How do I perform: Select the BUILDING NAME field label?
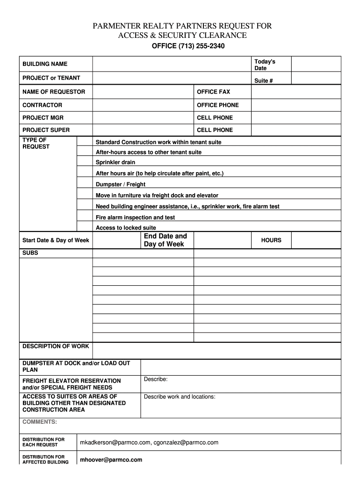pyautogui.click(x=45, y=64)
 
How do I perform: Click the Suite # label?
pyautogui.click(x=263, y=81)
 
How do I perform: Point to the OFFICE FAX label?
pyautogui.click(x=213, y=92)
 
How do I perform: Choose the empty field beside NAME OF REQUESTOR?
pyautogui.click(x=143, y=92)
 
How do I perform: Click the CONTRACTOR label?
pyautogui.click(x=42, y=105)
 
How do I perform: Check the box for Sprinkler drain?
pyautogui.click(x=85, y=162)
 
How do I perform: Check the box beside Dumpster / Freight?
pyautogui.click(x=85, y=184)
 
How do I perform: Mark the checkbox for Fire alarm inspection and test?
pyautogui.click(x=85, y=218)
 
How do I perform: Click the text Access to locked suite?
pyautogui.click(x=126, y=228)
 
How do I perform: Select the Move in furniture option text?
pyautogui.click(x=157, y=196)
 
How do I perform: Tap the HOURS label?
pyautogui.click(x=271, y=240)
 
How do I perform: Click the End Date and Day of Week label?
pyautogui.click(x=165, y=240)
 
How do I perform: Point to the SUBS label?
pyautogui.click(x=30, y=253)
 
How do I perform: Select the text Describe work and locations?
pyautogui.click(x=180, y=397)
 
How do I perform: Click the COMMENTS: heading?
pyautogui.click(x=40, y=422)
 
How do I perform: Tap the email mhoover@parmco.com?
pyautogui.click(x=111, y=460)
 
